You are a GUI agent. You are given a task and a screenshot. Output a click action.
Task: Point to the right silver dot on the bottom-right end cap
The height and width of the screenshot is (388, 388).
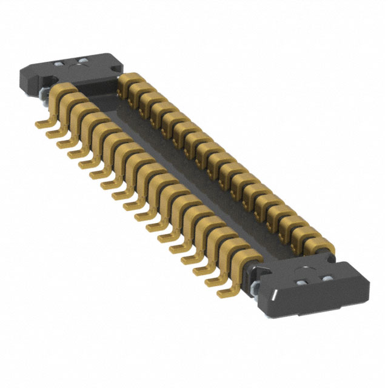326,278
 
